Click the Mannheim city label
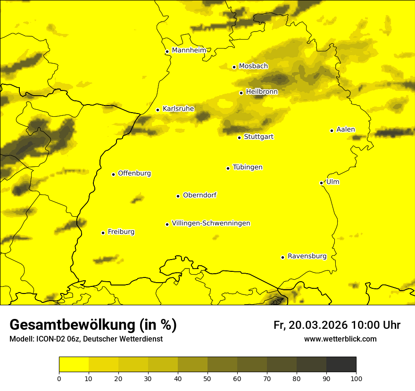189,50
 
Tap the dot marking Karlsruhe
158,110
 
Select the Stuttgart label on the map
258,137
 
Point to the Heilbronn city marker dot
241,93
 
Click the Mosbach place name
253,66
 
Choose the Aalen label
345,130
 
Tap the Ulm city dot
321,183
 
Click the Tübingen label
247,167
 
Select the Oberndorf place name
199,195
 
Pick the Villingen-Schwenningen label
211,223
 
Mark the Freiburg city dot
103,233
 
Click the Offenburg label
134,173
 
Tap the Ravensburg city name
307,256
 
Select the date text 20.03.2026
318,325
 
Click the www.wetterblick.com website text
340,339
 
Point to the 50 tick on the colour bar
207,378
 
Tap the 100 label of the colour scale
356,378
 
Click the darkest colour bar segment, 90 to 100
341,365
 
